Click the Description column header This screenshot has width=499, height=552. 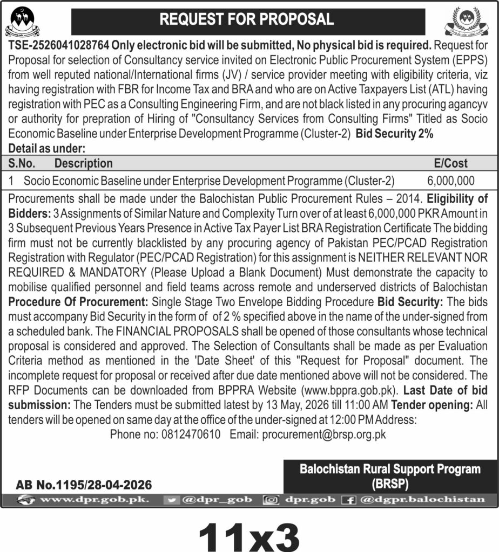point(84,163)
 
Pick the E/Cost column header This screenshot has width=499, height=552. point(451,163)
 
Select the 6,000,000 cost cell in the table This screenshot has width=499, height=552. point(450,181)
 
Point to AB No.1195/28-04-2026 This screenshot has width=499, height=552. point(84,485)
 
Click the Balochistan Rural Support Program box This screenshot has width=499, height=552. point(390,476)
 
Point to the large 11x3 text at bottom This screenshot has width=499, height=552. point(249,533)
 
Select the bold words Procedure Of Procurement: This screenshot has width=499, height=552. point(77,299)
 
